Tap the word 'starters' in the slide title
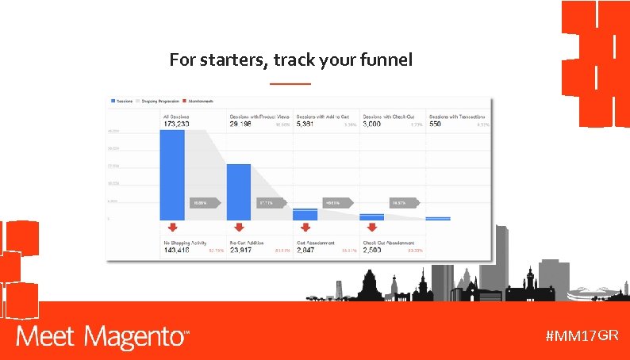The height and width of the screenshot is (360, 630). (227, 59)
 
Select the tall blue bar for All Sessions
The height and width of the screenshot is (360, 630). (172, 174)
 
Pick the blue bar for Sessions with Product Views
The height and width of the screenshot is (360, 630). (239, 191)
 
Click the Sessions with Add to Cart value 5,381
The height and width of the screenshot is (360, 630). (309, 124)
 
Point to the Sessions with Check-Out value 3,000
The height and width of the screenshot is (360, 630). (376, 124)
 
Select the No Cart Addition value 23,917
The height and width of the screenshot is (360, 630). (244, 250)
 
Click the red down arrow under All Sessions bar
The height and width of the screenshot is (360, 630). (172, 228)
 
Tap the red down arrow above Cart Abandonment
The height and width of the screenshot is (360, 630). (305, 228)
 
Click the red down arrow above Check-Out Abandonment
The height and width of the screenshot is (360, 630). (372, 228)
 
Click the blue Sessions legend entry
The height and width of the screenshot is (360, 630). (121, 101)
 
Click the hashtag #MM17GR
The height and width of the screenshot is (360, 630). (582, 336)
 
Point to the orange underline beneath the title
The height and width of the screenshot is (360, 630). (290, 83)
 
